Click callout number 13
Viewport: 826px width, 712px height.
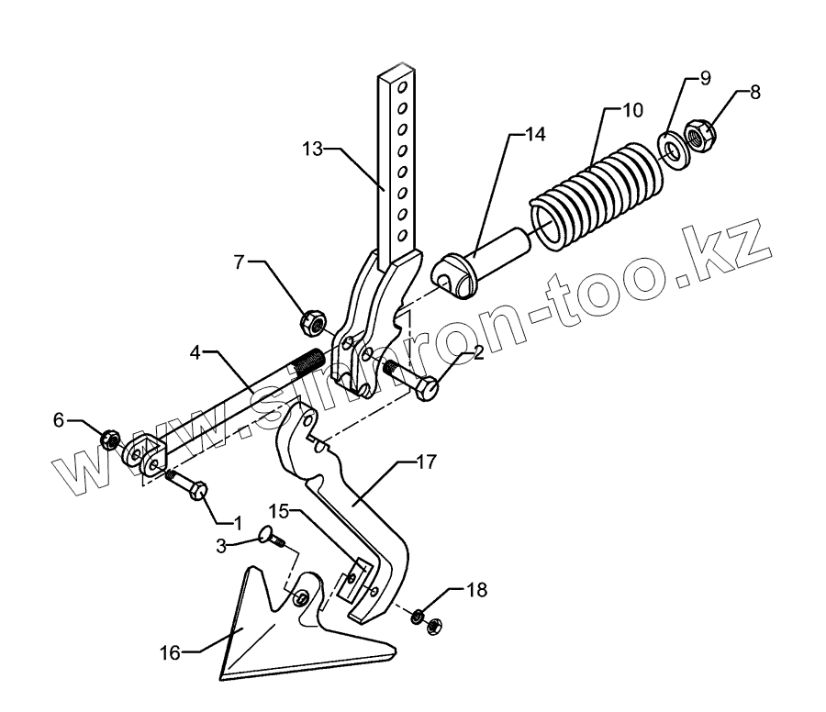tap(313, 148)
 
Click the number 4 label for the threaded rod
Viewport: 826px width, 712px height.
tap(195, 351)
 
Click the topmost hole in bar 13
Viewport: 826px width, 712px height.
tap(401, 88)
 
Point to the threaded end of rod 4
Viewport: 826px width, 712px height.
tap(305, 362)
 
